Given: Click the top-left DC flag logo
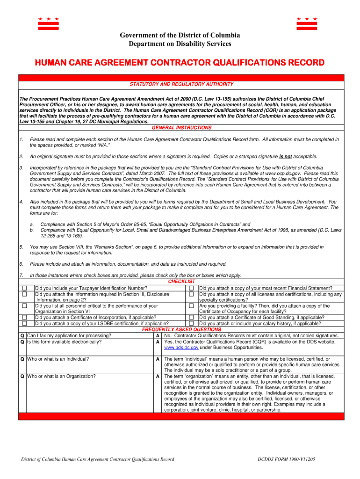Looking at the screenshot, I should click(x=48, y=24).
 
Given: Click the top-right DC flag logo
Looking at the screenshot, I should click(x=307, y=24).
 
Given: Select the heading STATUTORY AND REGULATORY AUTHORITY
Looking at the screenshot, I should click(x=181, y=84).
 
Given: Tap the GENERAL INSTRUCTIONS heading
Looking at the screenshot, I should click(x=181, y=128).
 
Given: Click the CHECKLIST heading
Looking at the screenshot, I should click(x=181, y=282).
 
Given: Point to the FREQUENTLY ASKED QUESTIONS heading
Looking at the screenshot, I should click(x=181, y=330).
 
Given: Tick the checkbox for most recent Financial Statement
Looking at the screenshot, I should click(x=191, y=288).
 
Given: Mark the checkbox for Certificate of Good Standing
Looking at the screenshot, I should click(x=191, y=318).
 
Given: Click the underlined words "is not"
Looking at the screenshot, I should click(x=286, y=157).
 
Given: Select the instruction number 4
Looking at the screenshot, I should click(x=21, y=202).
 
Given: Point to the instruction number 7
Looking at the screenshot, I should click(x=21, y=275).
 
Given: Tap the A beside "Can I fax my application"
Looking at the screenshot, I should click(x=158, y=336).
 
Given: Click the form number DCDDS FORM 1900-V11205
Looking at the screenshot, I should click(x=286, y=459).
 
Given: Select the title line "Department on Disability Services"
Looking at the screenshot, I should click(x=180, y=44).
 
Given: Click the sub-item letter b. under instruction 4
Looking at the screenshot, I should click(x=32, y=230).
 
